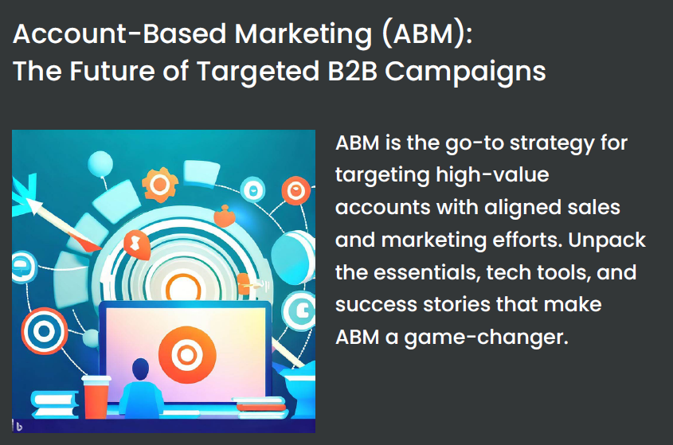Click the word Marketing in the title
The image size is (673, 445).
tap(303, 34)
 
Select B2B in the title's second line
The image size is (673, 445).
tap(352, 71)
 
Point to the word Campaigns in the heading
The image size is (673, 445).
tap(465, 72)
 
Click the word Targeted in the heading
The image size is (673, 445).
tap(258, 72)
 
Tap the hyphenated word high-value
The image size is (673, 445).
tap(492, 176)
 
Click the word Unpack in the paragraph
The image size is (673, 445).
tap(607, 240)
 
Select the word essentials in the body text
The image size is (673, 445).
tap(427, 272)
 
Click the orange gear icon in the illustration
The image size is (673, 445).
tap(159, 185)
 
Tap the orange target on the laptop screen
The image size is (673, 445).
tap(187, 355)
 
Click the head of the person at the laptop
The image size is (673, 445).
tap(141, 369)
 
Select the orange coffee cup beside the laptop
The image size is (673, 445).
tap(96, 396)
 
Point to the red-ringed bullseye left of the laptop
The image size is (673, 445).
tap(45, 331)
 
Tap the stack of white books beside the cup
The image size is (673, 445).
tap(54, 404)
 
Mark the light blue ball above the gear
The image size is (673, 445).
tap(100, 164)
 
